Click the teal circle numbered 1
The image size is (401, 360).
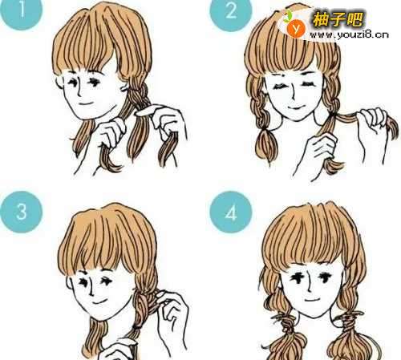22,10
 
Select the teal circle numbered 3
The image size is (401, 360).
22,212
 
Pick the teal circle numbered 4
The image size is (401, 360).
231,212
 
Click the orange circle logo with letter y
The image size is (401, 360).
296,28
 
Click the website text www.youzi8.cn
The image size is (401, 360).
349,34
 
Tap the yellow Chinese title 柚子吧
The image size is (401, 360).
338,19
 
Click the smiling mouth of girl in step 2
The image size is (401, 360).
295,108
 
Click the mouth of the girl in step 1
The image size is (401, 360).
86,103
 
